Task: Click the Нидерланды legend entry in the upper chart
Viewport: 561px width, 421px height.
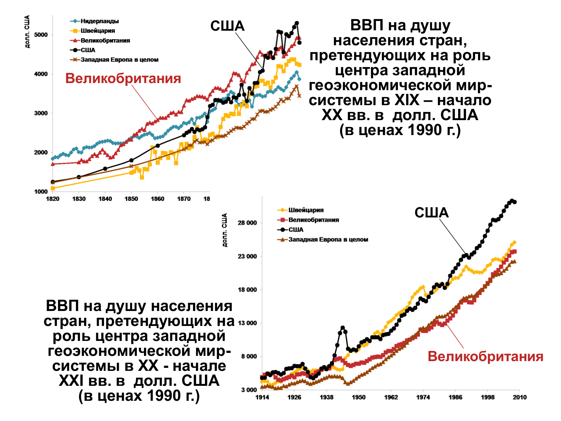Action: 99,21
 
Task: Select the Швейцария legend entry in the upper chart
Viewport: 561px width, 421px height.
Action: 98,31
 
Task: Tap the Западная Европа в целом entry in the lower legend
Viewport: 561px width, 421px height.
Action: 328,240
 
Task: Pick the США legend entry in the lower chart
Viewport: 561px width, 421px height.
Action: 296,230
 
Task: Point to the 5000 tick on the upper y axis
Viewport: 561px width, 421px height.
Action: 41,35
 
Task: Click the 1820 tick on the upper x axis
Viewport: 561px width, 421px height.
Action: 52,199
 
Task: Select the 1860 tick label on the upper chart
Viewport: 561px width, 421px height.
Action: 157,199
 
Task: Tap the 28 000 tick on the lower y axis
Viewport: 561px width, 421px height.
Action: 247,223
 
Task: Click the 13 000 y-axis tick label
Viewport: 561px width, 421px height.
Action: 247,323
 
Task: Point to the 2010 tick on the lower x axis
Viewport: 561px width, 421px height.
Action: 519,397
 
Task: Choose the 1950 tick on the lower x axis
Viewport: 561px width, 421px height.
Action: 359,397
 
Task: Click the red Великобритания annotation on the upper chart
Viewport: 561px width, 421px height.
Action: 123,79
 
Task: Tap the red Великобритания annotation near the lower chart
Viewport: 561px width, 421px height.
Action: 485,356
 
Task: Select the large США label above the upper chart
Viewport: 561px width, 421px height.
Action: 227,26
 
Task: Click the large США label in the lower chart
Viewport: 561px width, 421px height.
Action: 431,213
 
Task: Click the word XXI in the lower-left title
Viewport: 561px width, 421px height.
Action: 71,381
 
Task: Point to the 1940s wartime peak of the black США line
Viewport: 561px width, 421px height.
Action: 343,328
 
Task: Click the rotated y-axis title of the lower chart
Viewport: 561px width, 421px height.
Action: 224,230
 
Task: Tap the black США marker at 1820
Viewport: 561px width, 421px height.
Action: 52,182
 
